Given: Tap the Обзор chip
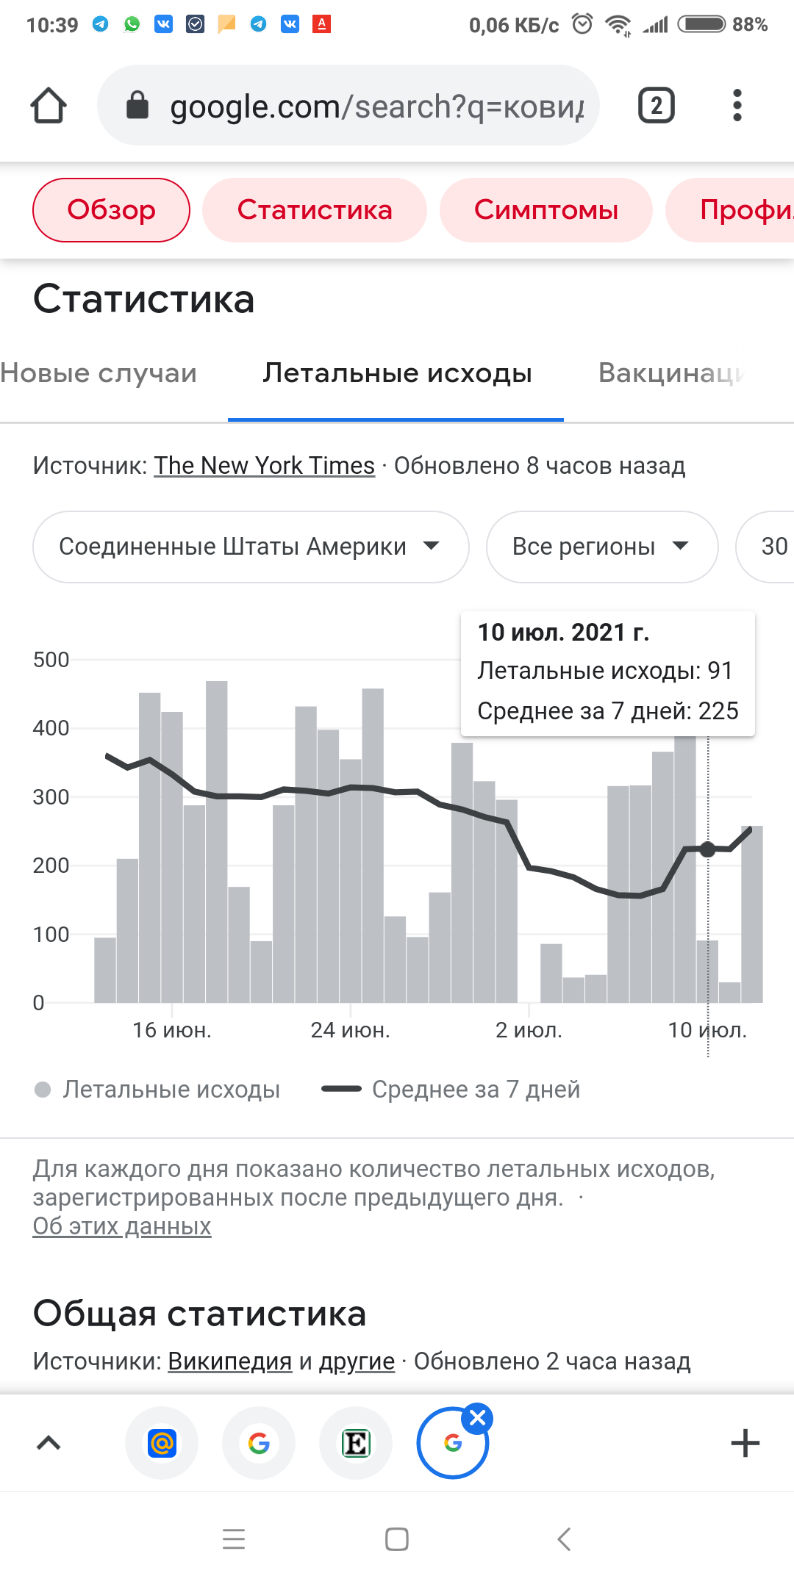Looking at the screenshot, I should click(111, 210).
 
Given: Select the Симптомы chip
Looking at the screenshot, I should click(546, 210).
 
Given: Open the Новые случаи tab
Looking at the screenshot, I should click(99, 373).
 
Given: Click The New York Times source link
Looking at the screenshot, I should click(264, 466).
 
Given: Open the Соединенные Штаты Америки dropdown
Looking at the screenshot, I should click(250, 547).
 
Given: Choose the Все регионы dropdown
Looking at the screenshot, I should click(601, 547).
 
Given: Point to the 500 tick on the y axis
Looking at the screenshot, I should click(51, 660).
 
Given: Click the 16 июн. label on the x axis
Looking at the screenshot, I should click(171, 1030).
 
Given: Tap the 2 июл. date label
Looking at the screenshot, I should click(529, 1030).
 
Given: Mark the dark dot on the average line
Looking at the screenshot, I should click(708, 849).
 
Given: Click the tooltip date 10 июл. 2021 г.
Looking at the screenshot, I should click(563, 633).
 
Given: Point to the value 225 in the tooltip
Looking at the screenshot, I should click(718, 711).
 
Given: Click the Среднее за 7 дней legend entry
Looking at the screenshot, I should click(476, 1090).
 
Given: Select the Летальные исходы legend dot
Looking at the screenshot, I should click(43, 1090).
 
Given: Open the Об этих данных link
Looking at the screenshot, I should click(122, 1226).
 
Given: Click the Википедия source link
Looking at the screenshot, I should click(229, 1361).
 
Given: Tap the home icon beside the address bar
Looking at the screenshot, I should click(49, 105).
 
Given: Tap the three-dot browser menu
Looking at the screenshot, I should click(737, 105).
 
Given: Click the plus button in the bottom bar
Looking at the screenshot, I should click(745, 1443).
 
